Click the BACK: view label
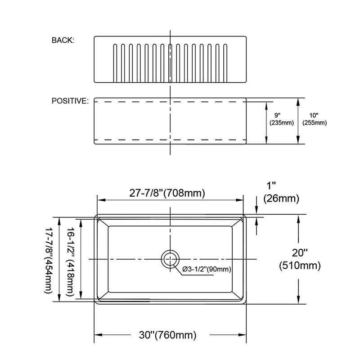tap(63, 40)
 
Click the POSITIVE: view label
tap(70, 101)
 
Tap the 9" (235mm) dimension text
tap(282, 119)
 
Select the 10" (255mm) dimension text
tap(314, 119)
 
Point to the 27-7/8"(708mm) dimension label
tap(167, 193)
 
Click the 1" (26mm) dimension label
tap(281, 192)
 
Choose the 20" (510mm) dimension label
tap(300, 259)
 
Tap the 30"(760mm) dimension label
tap(167, 335)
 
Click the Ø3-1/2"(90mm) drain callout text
tap(207, 269)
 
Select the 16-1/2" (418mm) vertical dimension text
tap(70, 262)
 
